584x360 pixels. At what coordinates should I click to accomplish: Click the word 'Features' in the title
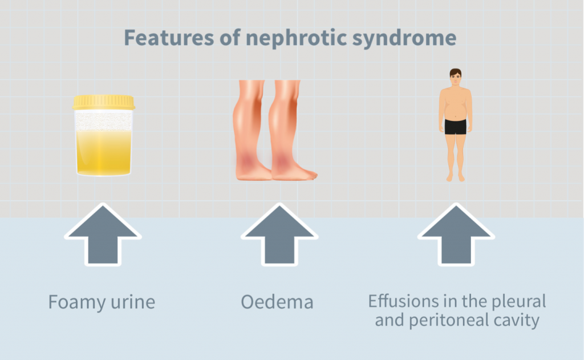coord(169,38)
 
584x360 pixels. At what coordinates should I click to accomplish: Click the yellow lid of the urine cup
coord(104,103)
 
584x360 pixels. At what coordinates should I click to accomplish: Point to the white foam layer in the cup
coord(104,121)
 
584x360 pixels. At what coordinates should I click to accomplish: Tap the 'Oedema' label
coord(277,302)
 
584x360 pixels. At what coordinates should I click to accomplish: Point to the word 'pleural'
coord(519,302)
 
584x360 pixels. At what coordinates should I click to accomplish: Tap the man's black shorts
coord(455,127)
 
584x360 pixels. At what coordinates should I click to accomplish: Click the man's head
coord(455,77)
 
